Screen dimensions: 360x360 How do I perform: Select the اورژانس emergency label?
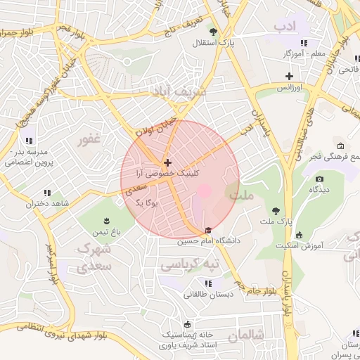(x=288, y=88)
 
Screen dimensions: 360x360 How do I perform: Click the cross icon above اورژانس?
(x=288, y=76)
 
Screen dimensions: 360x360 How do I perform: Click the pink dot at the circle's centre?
(x=204, y=190)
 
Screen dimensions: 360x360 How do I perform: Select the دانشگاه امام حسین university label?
(x=208, y=240)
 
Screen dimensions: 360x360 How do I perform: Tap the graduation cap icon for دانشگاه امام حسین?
(x=207, y=230)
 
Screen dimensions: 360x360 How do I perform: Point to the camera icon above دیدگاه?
(x=319, y=179)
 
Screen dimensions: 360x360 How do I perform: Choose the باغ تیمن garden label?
(x=108, y=231)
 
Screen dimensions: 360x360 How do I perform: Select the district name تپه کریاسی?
(x=190, y=265)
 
